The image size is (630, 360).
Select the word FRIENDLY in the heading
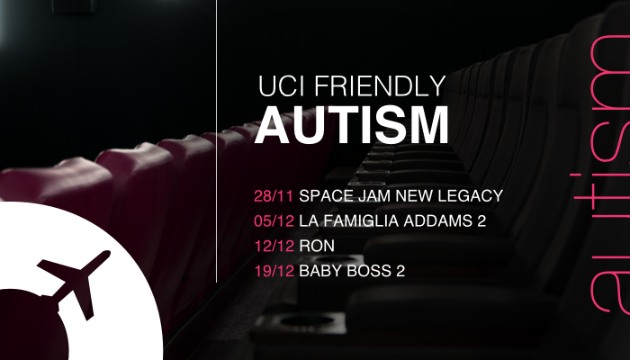tap(380, 85)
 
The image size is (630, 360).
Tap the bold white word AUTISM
tap(352, 124)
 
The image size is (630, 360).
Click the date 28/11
tap(274, 196)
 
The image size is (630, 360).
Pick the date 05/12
tap(274, 221)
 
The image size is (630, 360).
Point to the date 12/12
tap(274, 246)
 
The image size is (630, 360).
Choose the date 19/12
tap(274, 271)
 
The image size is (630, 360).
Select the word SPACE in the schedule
tap(326, 196)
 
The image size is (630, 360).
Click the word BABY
tap(321, 271)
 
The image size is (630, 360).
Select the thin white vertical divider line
tap(217, 141)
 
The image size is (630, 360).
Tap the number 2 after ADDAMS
tap(481, 221)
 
